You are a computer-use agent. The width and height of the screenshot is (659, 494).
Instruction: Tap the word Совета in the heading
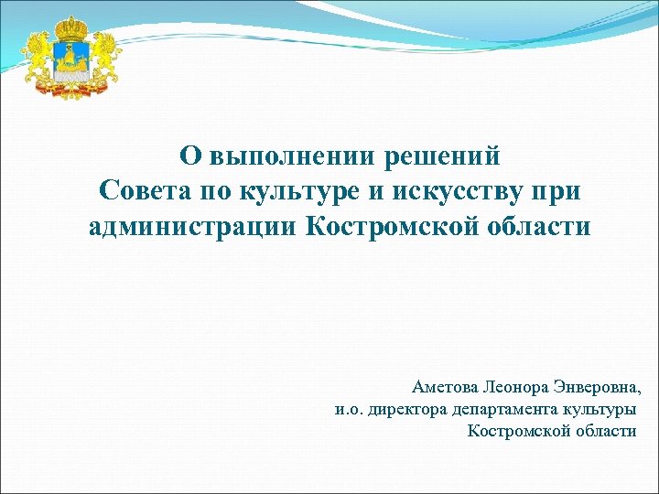point(145,191)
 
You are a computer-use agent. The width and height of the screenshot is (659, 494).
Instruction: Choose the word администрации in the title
point(193,226)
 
